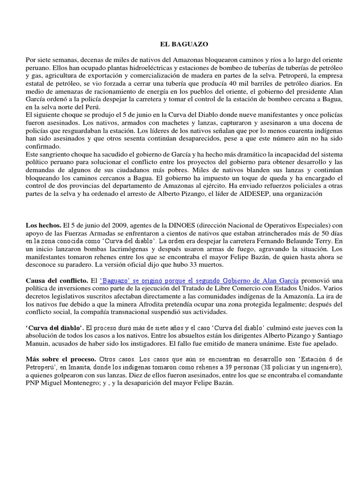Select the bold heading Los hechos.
point(40,225)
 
